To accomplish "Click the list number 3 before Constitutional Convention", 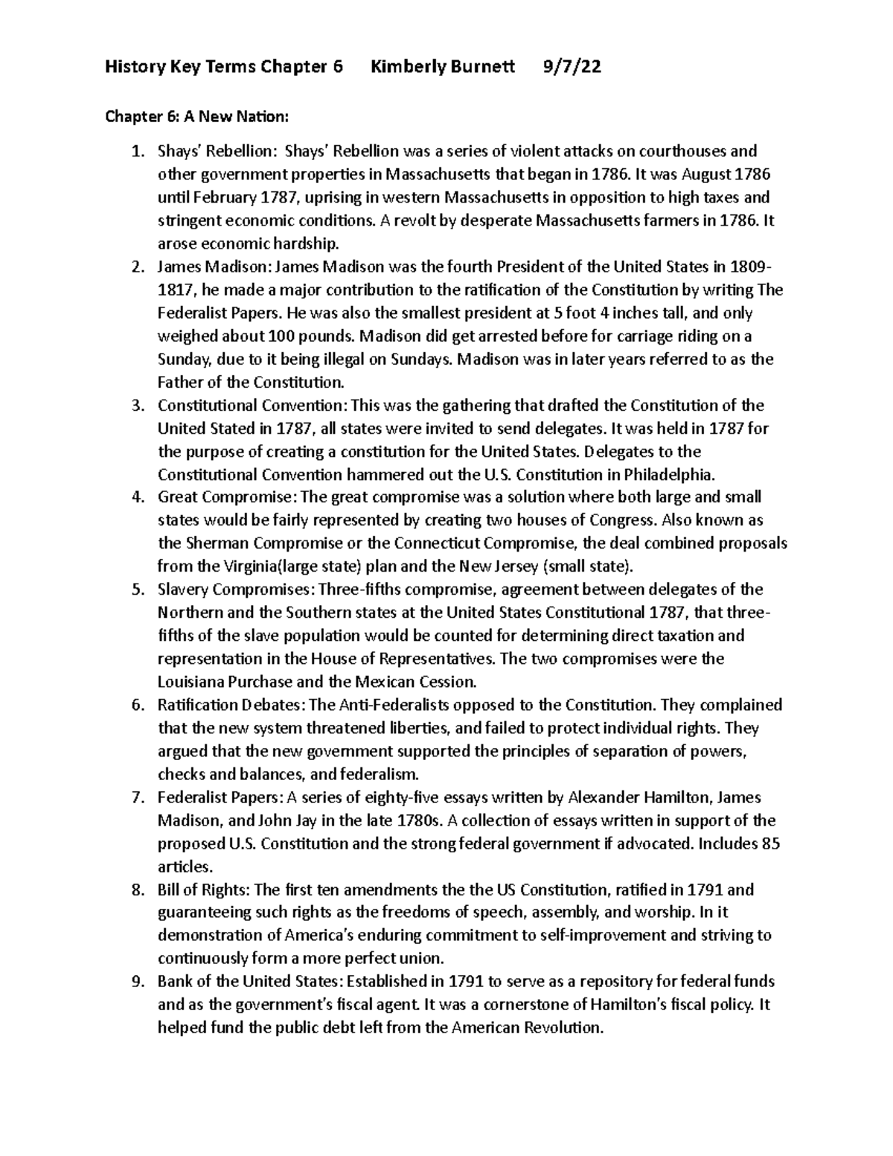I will [136, 406].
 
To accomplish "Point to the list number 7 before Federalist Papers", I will [136, 798].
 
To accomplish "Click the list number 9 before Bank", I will [136, 982].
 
